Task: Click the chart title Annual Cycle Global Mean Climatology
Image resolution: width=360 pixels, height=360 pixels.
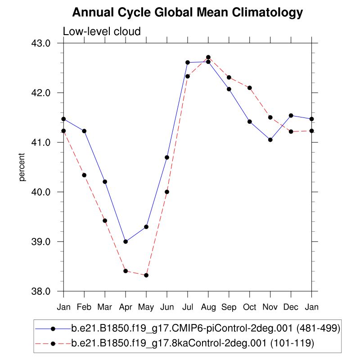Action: [x=188, y=13]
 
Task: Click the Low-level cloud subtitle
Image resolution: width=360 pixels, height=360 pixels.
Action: [x=102, y=31]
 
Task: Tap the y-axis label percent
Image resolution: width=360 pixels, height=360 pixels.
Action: [x=22, y=167]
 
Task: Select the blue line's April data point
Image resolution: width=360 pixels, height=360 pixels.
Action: [x=126, y=242]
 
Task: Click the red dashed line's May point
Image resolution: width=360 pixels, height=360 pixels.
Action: [x=146, y=275]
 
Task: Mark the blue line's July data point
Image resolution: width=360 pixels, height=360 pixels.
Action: [x=188, y=62]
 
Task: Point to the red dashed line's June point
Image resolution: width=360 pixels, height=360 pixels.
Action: [x=167, y=192]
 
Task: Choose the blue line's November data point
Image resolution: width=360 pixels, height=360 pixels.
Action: [x=270, y=140]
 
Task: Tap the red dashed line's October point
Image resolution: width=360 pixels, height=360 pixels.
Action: [x=250, y=88]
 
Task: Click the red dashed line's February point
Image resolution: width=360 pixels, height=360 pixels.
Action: [x=84, y=175]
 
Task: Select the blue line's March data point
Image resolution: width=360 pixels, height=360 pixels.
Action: [x=105, y=182]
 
